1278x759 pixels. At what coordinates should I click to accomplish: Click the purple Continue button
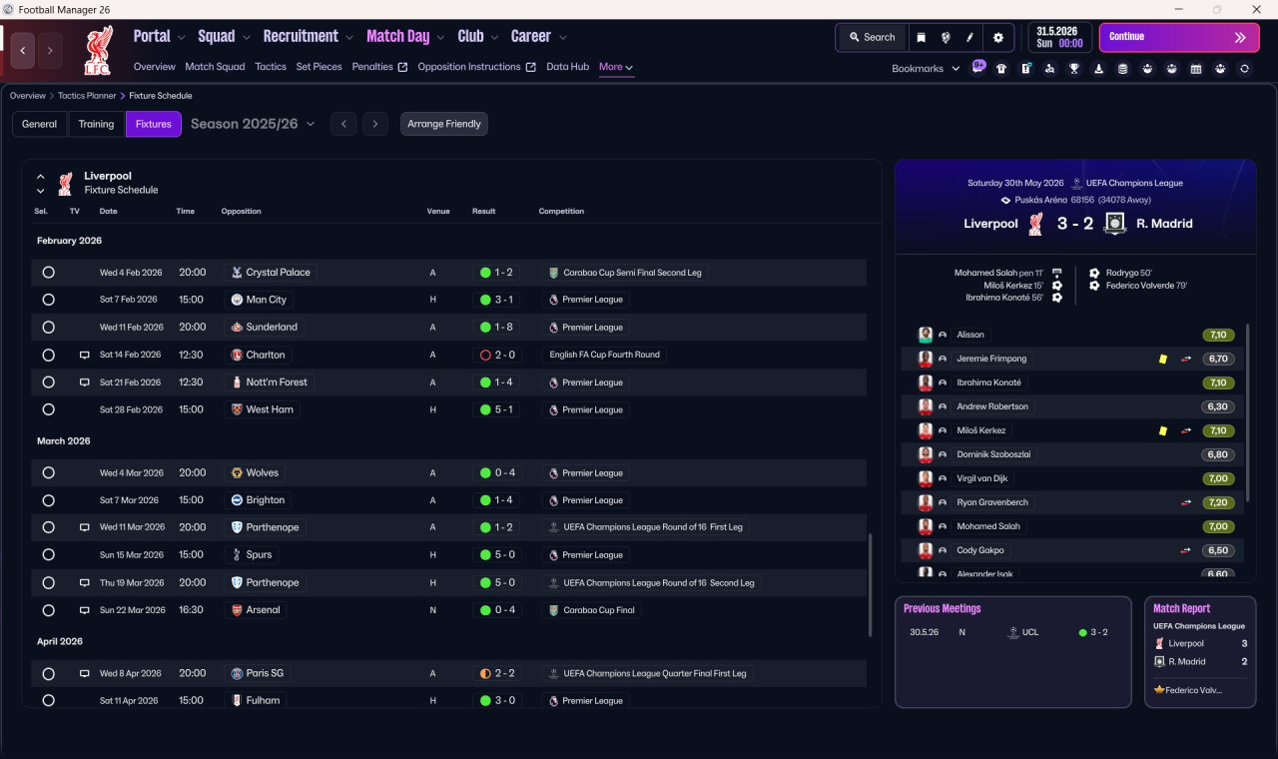click(1179, 37)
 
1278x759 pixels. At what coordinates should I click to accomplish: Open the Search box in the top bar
click(873, 37)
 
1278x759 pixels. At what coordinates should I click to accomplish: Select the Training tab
click(96, 124)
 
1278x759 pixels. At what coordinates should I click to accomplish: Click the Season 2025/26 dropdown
click(253, 124)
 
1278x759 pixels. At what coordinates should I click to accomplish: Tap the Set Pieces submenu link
click(319, 67)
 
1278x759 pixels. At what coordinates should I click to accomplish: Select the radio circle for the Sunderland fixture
click(49, 327)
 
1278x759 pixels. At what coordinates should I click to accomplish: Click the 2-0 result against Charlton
click(497, 355)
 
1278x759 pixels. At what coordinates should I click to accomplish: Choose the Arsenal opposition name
click(263, 609)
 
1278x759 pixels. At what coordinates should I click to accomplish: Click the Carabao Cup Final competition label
click(598, 610)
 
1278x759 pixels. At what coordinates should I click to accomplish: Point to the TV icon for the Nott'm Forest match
click(84, 382)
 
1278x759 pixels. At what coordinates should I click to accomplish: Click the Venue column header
click(438, 211)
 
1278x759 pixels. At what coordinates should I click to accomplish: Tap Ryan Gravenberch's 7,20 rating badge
click(1217, 502)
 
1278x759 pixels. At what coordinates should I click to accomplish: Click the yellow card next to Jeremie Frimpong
click(1163, 359)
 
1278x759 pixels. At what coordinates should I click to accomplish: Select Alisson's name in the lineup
click(969, 335)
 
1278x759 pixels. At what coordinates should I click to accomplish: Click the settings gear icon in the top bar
click(997, 38)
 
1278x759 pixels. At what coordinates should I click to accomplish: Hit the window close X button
click(1256, 10)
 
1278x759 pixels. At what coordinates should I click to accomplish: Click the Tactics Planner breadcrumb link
click(87, 96)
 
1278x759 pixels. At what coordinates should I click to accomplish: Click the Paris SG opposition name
click(265, 673)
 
